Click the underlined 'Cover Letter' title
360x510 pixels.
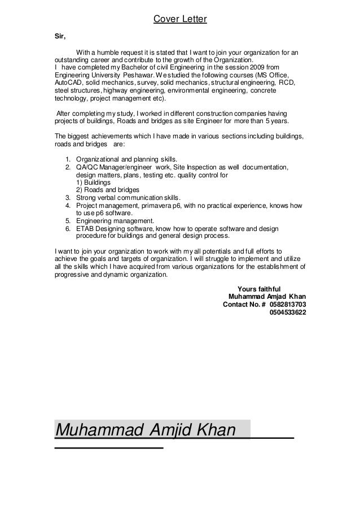pos(180,21)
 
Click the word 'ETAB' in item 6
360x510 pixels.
pos(85,229)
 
